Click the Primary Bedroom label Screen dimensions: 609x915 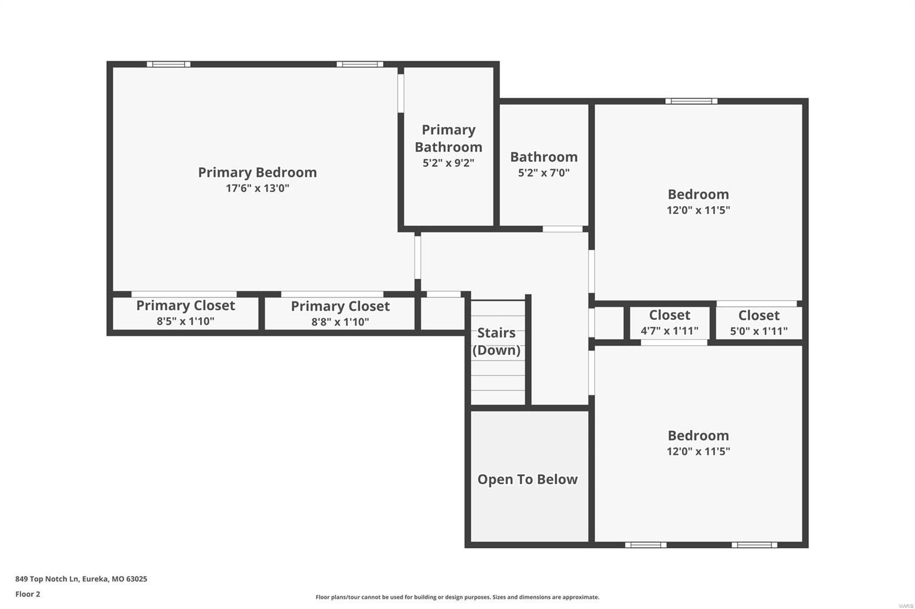[257, 173]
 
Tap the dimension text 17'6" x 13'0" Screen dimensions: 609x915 [257, 189]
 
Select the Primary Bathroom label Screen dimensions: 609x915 [448, 138]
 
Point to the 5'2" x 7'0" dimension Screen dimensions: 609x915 [543, 173]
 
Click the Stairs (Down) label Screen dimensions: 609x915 [496, 341]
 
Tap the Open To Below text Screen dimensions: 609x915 [527, 479]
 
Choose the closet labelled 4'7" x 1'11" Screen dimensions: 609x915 [670, 323]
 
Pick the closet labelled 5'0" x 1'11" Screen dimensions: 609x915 [759, 323]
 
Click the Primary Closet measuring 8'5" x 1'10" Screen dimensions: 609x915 [185, 312]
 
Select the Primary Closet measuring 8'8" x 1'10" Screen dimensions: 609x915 [340, 313]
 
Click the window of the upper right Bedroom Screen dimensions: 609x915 [691, 101]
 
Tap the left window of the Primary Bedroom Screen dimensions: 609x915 [168, 64]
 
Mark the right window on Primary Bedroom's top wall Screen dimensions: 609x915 [360, 64]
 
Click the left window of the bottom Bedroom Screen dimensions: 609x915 [645, 545]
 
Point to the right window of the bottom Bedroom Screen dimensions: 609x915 [754, 545]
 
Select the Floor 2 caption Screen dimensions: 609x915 [27, 594]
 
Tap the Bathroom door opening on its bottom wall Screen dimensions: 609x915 [562, 229]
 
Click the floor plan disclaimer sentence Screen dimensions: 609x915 [457, 597]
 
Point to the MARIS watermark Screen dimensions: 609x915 [905, 606]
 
